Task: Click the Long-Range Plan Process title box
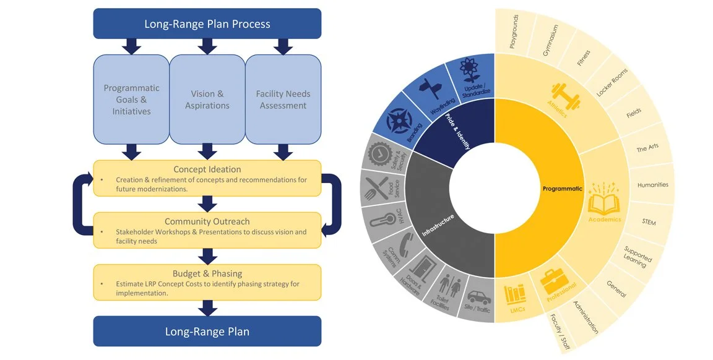pos(207,24)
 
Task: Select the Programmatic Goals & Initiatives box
pos(131,100)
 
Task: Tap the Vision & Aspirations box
pos(207,100)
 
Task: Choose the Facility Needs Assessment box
pos(283,100)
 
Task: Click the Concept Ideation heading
pos(207,169)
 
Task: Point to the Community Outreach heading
pos(207,221)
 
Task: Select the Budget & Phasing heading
pos(207,273)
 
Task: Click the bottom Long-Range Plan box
pos(207,331)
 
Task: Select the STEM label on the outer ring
pos(649,222)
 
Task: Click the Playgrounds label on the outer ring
pos(514,32)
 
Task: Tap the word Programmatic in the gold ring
pos(562,189)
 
